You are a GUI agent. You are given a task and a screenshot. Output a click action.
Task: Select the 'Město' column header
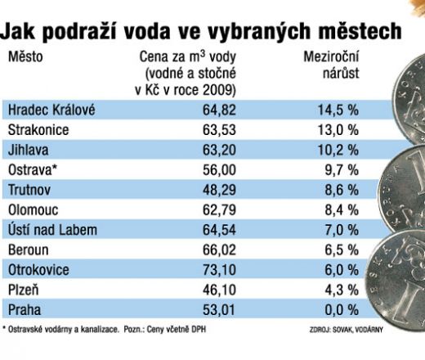click(25, 57)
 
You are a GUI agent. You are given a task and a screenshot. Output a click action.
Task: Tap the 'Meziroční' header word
click(331, 57)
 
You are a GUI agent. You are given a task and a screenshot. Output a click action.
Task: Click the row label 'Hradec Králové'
click(51, 110)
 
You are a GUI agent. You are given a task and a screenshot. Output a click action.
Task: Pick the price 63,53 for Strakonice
click(219, 130)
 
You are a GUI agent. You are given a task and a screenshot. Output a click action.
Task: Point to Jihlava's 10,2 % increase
click(338, 150)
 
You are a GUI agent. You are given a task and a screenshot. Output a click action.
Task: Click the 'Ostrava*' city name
click(33, 170)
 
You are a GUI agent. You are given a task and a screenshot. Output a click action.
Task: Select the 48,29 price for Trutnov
click(219, 190)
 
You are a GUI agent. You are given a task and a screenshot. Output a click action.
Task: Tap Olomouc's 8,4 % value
click(342, 210)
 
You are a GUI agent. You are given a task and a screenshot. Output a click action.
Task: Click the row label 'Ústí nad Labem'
click(52, 230)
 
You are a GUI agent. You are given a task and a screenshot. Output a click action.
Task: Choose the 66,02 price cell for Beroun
click(219, 250)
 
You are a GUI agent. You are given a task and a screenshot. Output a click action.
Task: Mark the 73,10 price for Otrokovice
click(219, 270)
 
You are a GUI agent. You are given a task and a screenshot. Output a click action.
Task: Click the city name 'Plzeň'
click(24, 290)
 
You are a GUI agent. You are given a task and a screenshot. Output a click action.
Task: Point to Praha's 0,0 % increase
click(342, 310)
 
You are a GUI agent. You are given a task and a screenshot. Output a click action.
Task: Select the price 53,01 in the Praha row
click(219, 310)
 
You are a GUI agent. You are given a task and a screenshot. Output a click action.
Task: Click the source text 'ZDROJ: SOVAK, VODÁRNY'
click(346, 330)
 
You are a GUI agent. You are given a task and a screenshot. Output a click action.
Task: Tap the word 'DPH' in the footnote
click(199, 330)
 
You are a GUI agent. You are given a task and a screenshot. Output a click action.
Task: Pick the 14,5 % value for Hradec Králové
click(338, 110)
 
